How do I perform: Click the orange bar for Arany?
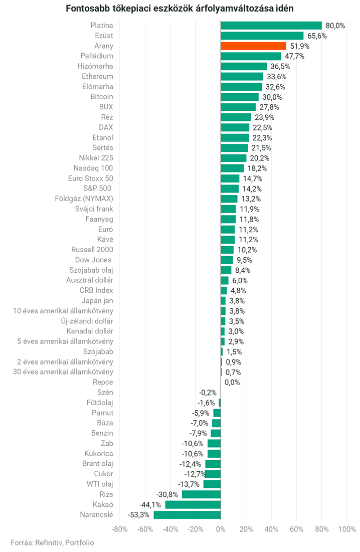[x=253, y=46]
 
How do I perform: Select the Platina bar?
[x=271, y=26]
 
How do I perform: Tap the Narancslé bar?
[x=187, y=514]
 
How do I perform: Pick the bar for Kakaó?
[x=193, y=504]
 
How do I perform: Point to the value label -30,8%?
[x=168, y=494]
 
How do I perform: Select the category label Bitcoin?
[x=102, y=97]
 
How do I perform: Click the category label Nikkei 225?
[x=96, y=158]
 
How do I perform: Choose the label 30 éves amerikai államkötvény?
[x=63, y=372]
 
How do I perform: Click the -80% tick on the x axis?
[x=119, y=529]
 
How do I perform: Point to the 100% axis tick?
[x=347, y=529]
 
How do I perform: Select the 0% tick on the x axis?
[x=221, y=529]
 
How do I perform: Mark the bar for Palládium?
[x=251, y=56]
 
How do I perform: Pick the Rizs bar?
[x=201, y=494]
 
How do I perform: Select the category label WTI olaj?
[x=100, y=484]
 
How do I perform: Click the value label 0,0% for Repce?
[x=232, y=382]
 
